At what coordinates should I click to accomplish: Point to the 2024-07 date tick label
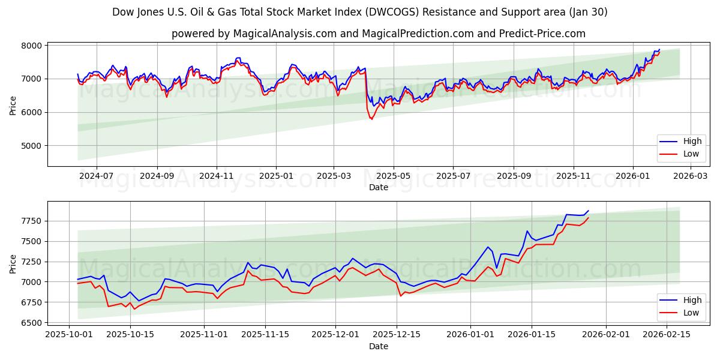[96, 176]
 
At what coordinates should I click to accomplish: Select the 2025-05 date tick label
[394, 176]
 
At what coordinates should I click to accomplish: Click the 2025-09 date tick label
[514, 176]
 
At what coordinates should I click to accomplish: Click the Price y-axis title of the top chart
[13, 105]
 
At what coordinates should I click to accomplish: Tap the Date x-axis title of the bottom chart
[379, 346]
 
